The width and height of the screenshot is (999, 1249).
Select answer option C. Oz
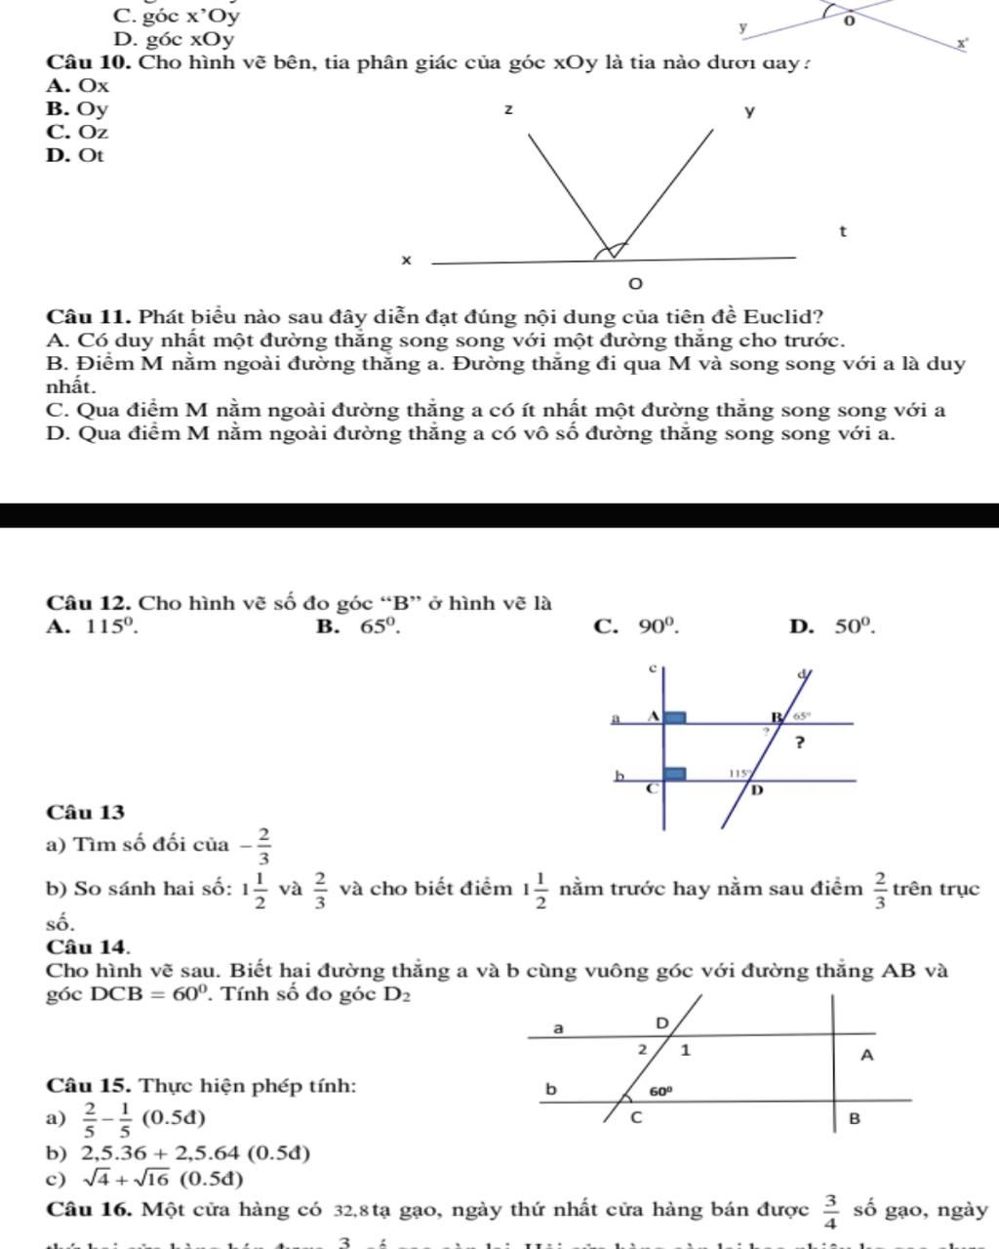click(77, 132)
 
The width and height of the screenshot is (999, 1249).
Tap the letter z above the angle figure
click(507, 108)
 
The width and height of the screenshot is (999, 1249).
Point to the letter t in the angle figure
click(842, 232)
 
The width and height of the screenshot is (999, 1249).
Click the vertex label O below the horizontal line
click(635, 284)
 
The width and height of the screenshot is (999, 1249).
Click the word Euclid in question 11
click(782, 317)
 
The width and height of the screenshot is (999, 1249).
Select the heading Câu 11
click(89, 317)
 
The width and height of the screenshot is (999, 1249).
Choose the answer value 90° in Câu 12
click(659, 626)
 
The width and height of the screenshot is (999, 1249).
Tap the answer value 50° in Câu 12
click(856, 626)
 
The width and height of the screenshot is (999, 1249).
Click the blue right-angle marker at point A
click(675, 717)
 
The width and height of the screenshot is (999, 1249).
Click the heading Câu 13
click(85, 812)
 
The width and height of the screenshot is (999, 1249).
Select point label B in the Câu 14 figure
click(855, 1118)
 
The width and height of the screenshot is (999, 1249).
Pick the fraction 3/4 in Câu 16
click(830, 1211)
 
